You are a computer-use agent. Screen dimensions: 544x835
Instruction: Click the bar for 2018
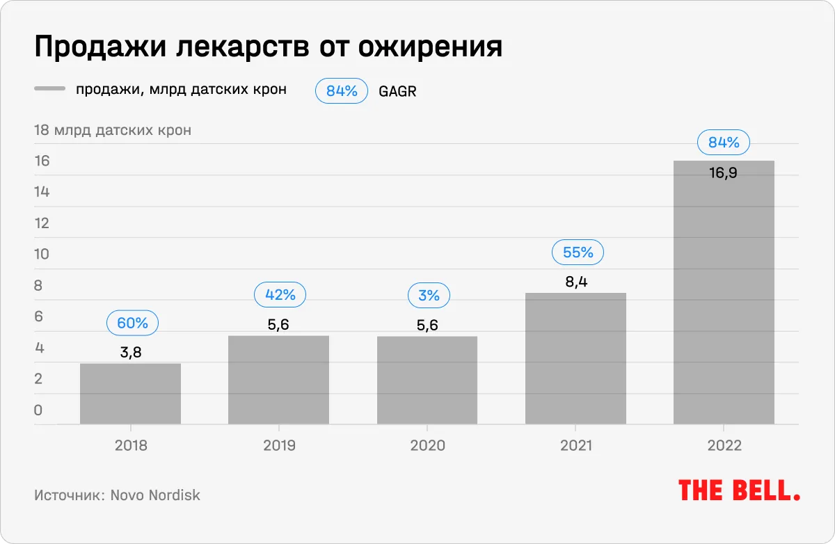pyautogui.click(x=130, y=393)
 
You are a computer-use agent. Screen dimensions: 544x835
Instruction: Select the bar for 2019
pyautogui.click(x=278, y=380)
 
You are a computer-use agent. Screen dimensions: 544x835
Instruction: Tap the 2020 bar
pyautogui.click(x=427, y=380)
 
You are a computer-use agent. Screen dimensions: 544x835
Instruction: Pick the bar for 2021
pyautogui.click(x=575, y=358)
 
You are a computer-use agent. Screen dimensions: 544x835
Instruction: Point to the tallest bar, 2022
pyautogui.click(x=724, y=292)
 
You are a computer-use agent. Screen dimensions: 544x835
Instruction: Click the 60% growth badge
pyautogui.click(x=132, y=323)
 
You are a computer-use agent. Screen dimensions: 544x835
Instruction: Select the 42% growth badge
pyautogui.click(x=280, y=295)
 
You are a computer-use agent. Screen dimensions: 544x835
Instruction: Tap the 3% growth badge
pyautogui.click(x=429, y=296)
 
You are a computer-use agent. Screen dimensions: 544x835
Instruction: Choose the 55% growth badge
pyautogui.click(x=578, y=253)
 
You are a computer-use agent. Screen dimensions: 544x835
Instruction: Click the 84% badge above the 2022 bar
pyautogui.click(x=724, y=143)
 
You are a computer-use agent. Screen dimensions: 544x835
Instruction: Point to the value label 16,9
pyautogui.click(x=723, y=173)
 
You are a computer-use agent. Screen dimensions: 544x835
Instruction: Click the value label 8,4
pyautogui.click(x=577, y=282)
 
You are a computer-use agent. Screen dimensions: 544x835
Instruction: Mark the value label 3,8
pyautogui.click(x=131, y=352)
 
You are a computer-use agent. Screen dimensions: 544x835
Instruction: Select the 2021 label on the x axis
pyautogui.click(x=576, y=445)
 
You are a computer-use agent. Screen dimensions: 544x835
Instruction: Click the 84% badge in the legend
pyautogui.click(x=341, y=90)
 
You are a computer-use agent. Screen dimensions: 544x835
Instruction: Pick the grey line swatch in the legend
pyautogui.click(x=49, y=89)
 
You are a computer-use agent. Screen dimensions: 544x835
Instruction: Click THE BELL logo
pyautogui.click(x=739, y=490)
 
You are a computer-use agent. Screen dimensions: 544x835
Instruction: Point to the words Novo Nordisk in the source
pyautogui.click(x=155, y=495)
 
